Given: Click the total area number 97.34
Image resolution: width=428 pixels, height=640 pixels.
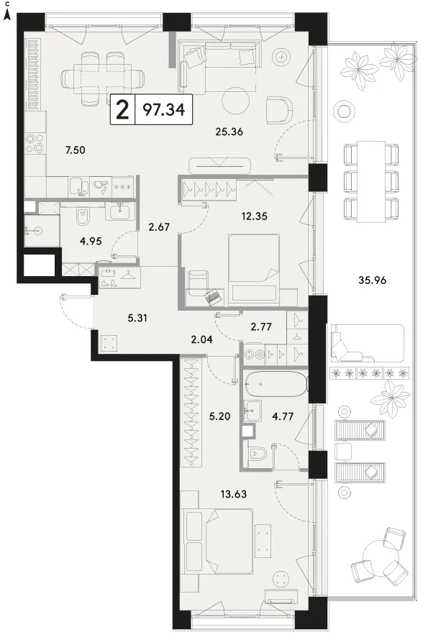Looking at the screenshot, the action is coord(164,109).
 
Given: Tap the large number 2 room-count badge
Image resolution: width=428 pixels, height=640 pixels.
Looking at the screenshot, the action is coord(122,110).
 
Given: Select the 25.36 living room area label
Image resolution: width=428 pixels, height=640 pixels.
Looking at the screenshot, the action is coord(229,132).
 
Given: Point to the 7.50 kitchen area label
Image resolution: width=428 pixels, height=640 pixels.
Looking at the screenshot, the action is coord(75,150).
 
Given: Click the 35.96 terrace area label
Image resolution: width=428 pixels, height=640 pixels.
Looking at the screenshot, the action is coord(372,280).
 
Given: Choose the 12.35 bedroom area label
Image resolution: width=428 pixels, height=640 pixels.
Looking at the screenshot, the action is coord(254,216).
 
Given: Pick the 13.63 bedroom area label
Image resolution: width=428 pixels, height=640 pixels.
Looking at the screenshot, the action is coord(234,494).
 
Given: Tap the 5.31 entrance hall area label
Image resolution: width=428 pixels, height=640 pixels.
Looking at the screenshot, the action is coord(137,318).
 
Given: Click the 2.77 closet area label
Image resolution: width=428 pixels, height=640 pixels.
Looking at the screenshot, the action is coord(261,326).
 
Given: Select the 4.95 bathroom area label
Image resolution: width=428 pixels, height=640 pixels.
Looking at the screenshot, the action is coord(91,241).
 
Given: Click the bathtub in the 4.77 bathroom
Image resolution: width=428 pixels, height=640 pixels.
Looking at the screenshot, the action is coord(276,384).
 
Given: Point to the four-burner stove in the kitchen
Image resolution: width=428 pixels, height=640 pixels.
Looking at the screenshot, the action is coord(35,143).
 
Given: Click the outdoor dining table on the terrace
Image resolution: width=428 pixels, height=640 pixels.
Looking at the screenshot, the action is coord(371,181).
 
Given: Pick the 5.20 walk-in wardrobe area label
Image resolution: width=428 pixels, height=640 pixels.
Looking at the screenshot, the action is coord(219,416).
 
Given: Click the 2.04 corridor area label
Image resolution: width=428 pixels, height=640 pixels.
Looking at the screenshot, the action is coord(201,339).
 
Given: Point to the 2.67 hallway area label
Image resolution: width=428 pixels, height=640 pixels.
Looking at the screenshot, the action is coord(159,227).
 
